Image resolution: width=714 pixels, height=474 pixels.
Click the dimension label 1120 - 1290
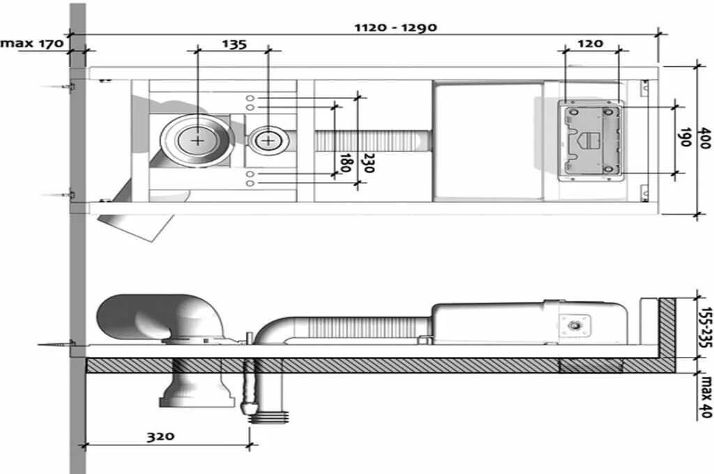tap(395, 27)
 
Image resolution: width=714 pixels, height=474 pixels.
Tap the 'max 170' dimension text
tap(32, 43)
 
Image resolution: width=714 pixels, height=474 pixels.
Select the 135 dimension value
tap(234, 45)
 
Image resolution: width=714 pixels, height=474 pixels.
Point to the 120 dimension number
tap(590, 44)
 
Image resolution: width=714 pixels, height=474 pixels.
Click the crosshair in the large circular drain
tap(197, 140)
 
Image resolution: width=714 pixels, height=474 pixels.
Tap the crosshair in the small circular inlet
tap(268, 140)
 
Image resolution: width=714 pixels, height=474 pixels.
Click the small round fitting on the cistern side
tap(576, 325)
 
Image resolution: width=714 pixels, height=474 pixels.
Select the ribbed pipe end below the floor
tap(268, 416)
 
